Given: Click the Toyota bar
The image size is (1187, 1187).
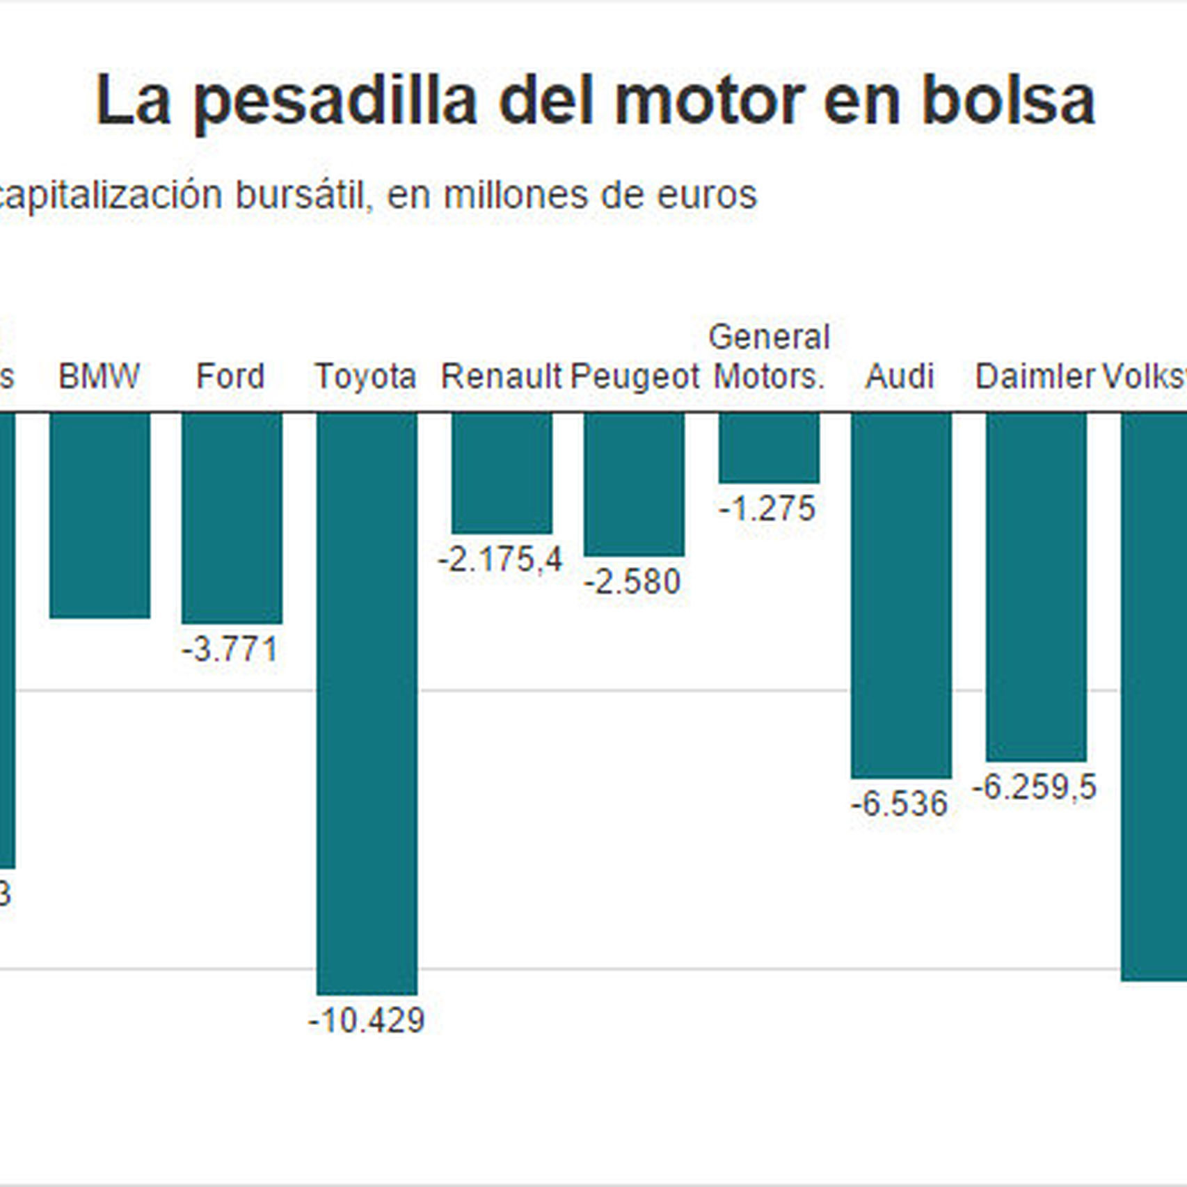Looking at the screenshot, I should (x=367, y=703).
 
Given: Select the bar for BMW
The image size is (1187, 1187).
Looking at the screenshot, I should (x=99, y=515).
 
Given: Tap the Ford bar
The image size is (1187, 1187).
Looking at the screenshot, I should (x=232, y=518).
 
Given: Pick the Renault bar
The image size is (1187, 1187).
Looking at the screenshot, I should (x=502, y=473).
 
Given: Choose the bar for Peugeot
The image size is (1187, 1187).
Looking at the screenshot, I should (x=634, y=484).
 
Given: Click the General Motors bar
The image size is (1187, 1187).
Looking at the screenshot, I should (x=769, y=447).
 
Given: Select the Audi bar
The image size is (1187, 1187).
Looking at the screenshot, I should (x=901, y=595).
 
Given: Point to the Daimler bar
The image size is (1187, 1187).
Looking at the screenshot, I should (x=1036, y=587).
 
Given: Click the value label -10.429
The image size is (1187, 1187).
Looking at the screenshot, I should (x=367, y=1021).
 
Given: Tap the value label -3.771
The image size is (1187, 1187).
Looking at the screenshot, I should (x=230, y=650).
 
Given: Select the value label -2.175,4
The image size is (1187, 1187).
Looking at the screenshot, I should (x=500, y=559).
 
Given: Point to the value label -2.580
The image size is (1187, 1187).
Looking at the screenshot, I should (x=632, y=582).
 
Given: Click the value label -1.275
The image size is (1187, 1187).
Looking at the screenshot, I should (x=767, y=509).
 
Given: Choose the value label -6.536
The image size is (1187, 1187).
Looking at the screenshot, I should (x=900, y=804).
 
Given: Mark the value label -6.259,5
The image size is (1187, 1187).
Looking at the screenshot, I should (x=1035, y=788).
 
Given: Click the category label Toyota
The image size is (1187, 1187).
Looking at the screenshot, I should (x=365, y=377).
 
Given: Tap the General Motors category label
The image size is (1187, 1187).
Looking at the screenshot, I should (x=769, y=357).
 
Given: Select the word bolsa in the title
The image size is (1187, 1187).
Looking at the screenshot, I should (x=1008, y=102).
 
